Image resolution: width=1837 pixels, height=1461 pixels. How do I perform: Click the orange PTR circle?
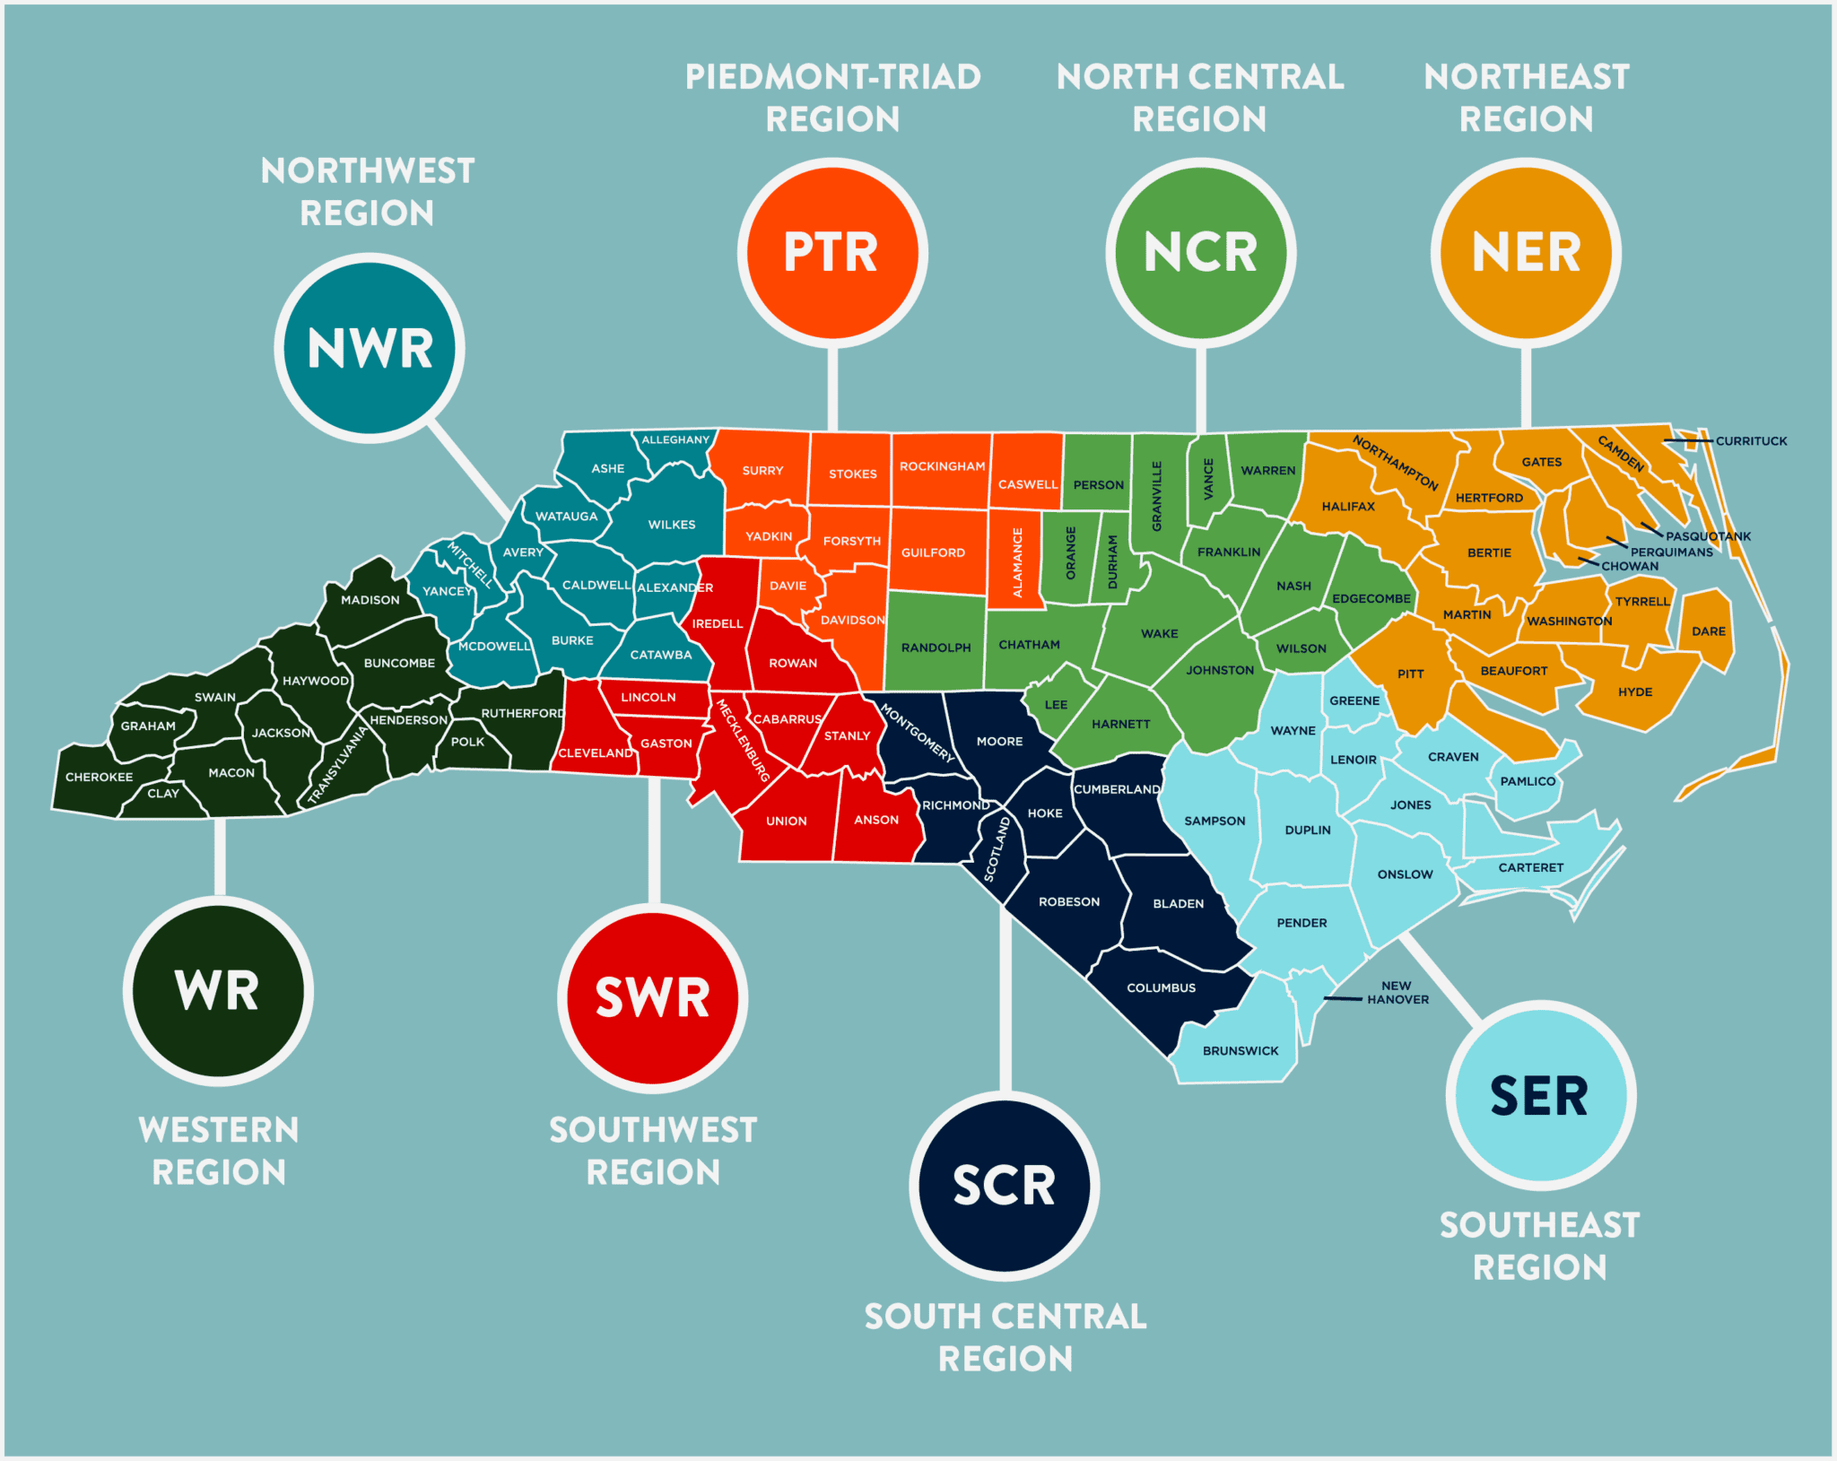pos(832,253)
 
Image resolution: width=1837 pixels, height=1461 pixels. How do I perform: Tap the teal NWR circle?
pos(370,348)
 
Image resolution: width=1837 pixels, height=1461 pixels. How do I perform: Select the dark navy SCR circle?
pos(1004,1186)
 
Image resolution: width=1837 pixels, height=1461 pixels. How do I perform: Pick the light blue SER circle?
pos(1540,1096)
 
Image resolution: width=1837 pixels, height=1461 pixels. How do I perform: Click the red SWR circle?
pos(653,997)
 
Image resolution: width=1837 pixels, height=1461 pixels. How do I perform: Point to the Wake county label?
pos(1159,633)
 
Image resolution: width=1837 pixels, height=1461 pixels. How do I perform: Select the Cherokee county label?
pos(99,777)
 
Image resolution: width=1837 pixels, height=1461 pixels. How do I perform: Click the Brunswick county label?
pos(1241,1050)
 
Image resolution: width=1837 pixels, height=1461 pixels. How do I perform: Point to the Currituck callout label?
pos(1751,440)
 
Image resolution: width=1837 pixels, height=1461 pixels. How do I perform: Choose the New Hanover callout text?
pos(1397,992)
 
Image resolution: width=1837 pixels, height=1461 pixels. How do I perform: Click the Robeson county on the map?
pos(1067,901)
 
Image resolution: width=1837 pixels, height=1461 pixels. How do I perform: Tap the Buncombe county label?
pos(399,663)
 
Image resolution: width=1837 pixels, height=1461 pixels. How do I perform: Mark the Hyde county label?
pos(1634,691)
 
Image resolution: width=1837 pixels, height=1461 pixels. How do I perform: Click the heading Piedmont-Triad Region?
pos(832,97)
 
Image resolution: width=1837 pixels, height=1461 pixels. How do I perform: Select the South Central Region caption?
pos(1005,1337)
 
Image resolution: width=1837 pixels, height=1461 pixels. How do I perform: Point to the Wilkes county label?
pos(672,525)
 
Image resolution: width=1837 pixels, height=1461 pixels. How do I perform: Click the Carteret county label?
pos(1530,867)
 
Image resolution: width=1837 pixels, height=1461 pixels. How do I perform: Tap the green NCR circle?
pos(1200,253)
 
